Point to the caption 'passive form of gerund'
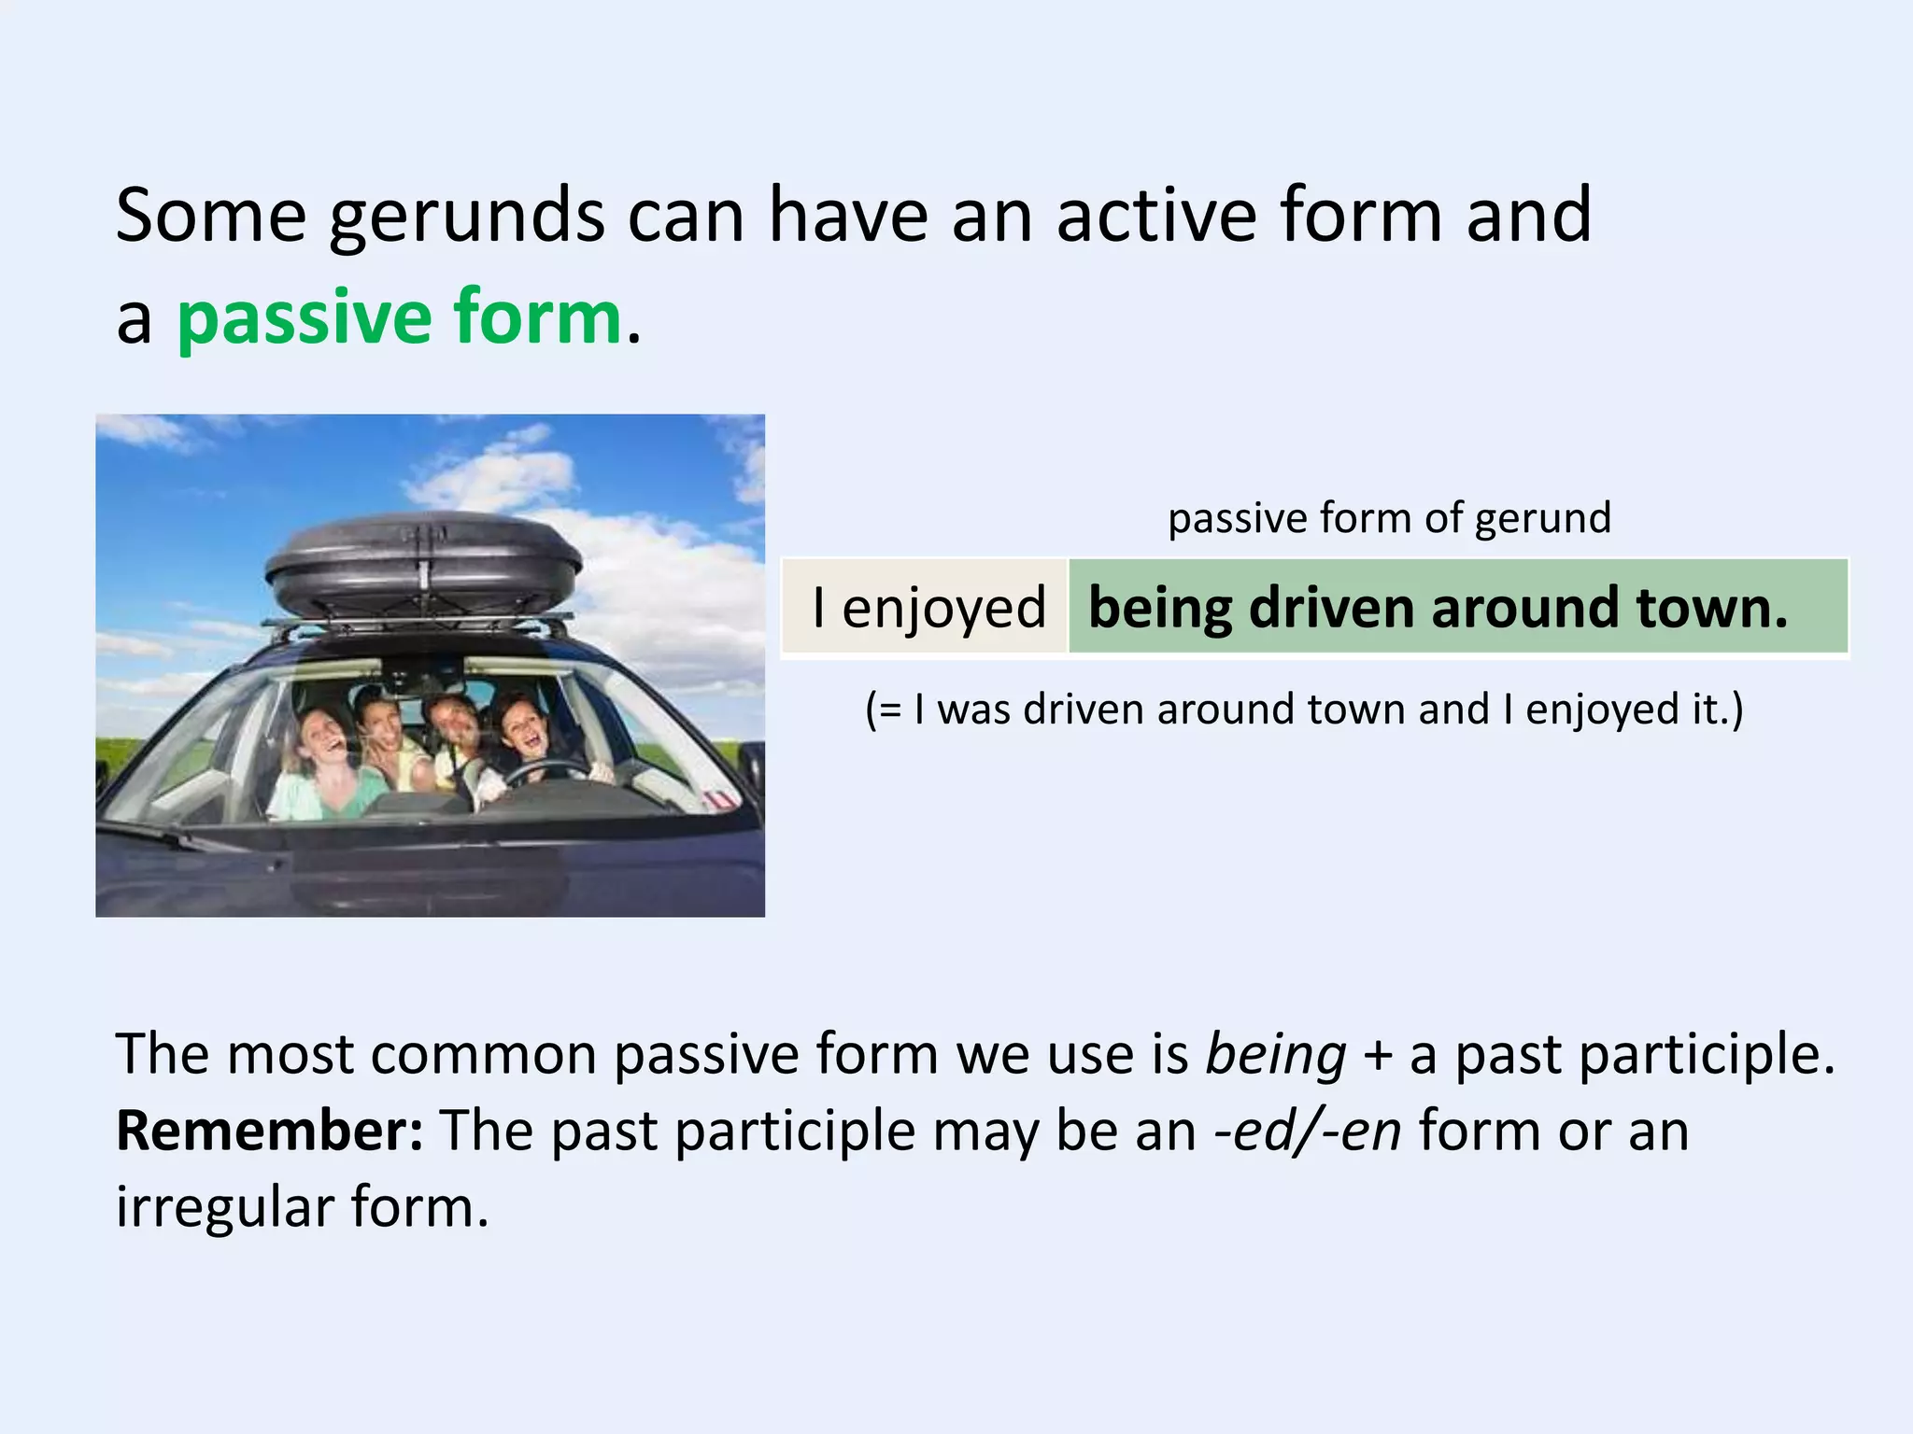(1389, 518)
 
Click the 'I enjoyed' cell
(928, 608)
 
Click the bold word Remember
(269, 1132)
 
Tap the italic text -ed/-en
(1307, 1132)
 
